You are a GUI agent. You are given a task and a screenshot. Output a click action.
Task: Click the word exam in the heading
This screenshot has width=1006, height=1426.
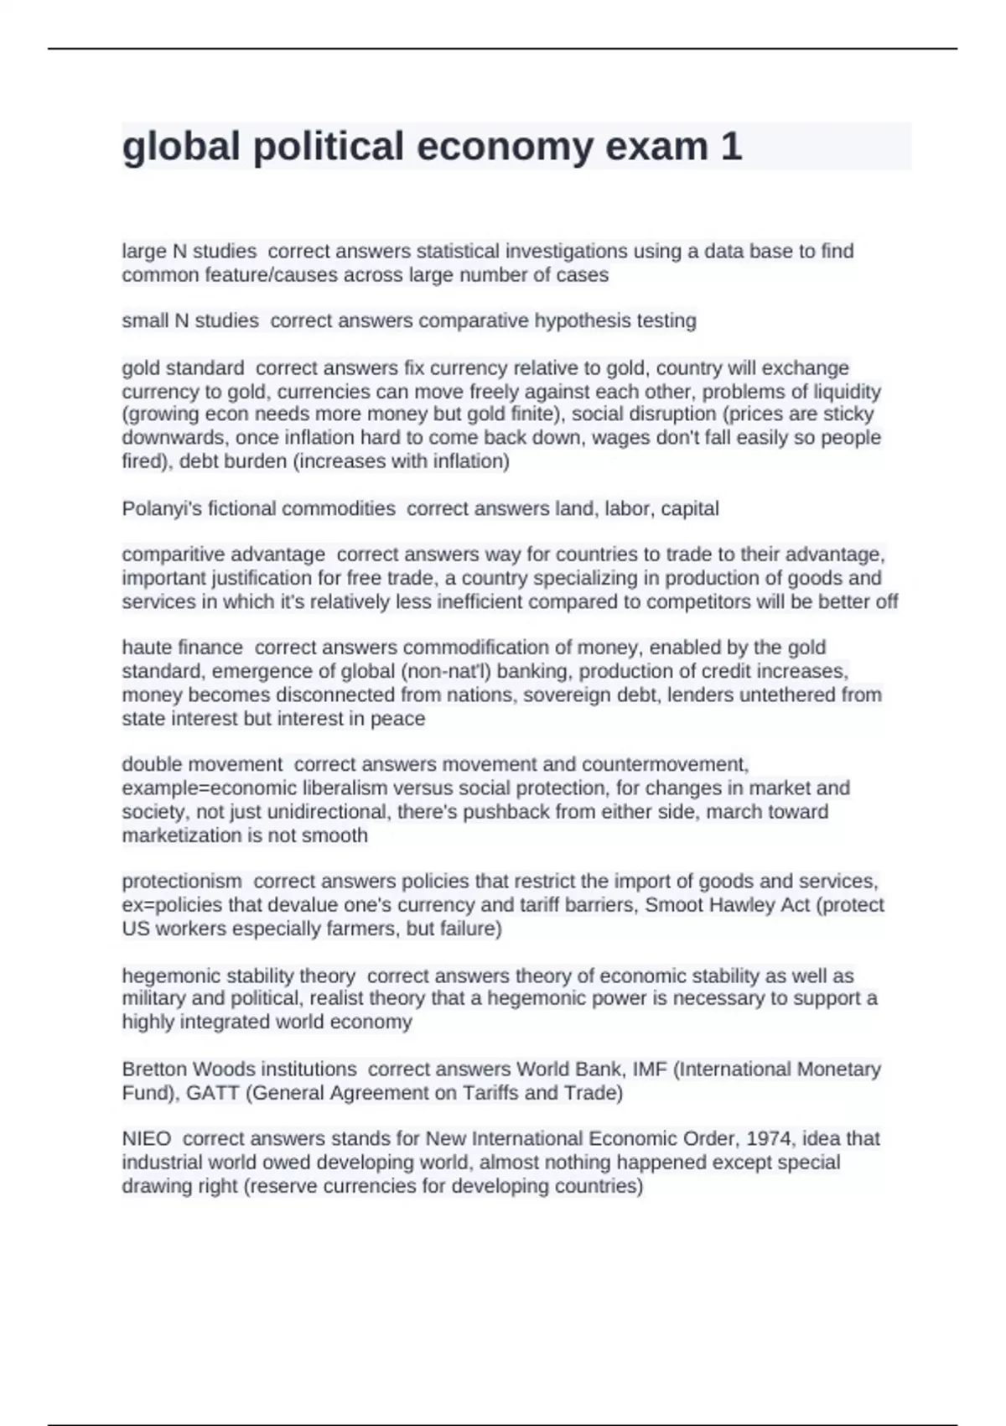656,146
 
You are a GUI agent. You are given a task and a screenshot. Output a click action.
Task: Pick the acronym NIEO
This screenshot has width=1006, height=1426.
147,1138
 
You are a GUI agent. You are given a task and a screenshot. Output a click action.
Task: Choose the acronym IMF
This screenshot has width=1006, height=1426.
646,1069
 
